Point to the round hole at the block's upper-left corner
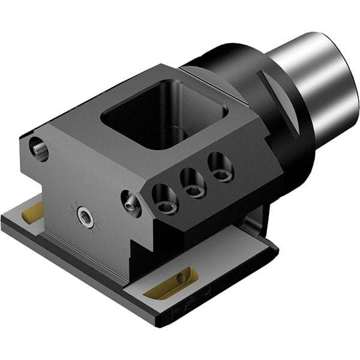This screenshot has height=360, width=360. (x=38, y=147)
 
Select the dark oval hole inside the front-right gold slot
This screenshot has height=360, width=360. (x=181, y=278)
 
